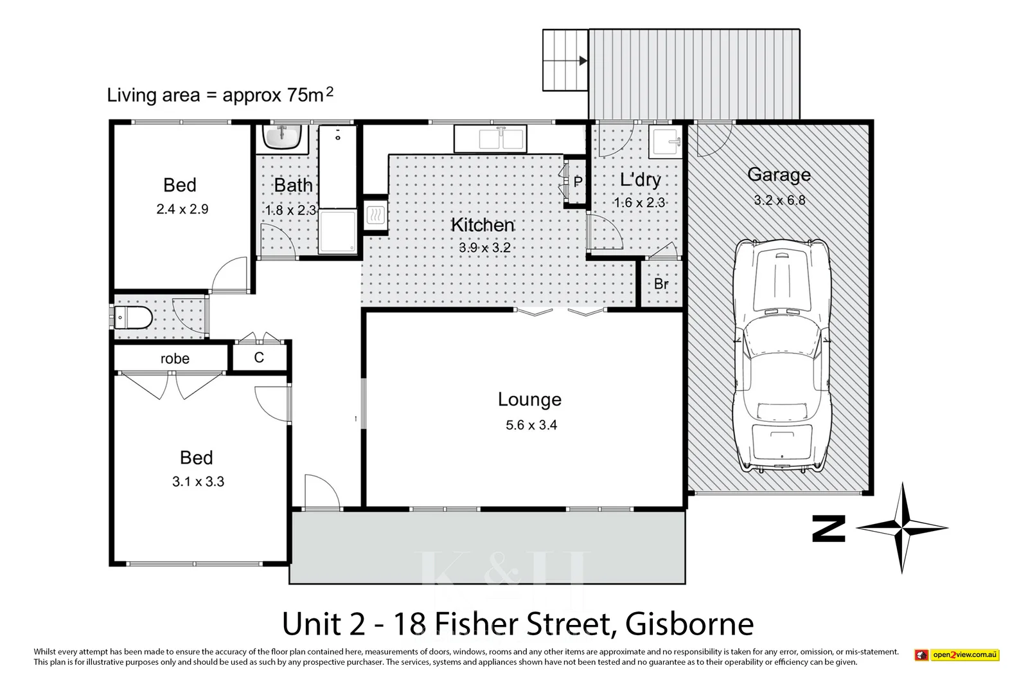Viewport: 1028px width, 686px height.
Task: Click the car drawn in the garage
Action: click(782, 356)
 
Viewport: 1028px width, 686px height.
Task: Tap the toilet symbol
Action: click(134, 316)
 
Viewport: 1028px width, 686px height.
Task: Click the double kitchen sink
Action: click(490, 138)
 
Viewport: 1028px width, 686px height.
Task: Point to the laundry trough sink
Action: click(666, 143)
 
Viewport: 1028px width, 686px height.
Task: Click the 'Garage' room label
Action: click(779, 175)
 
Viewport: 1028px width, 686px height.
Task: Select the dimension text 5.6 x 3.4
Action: click(531, 425)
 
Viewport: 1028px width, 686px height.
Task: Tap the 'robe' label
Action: click(175, 359)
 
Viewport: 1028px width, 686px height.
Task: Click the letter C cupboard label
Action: click(259, 358)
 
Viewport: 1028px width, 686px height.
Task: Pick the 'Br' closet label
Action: click(661, 284)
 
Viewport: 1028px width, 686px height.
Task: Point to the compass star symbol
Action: click(902, 528)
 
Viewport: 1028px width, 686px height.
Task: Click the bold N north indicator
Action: click(829, 528)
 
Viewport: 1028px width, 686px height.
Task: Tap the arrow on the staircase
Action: click(582, 61)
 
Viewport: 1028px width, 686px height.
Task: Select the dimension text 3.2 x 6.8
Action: click(779, 200)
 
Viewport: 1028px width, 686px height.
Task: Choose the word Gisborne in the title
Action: click(689, 624)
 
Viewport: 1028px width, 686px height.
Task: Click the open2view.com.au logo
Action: click(957, 655)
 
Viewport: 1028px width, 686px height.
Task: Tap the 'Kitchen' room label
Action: click(483, 225)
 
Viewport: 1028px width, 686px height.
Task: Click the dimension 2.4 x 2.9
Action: click(182, 209)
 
